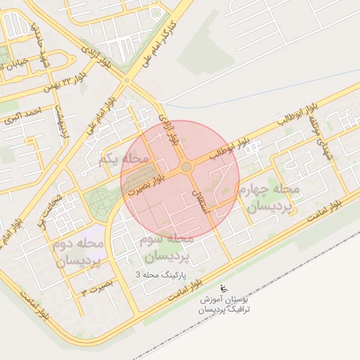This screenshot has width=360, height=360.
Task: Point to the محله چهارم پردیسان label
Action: (x=273, y=198)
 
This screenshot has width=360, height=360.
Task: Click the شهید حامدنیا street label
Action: (x=32, y=42)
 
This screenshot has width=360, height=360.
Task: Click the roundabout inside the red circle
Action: (x=186, y=167)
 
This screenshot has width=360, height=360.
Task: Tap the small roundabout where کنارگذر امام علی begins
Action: (x=127, y=81)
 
